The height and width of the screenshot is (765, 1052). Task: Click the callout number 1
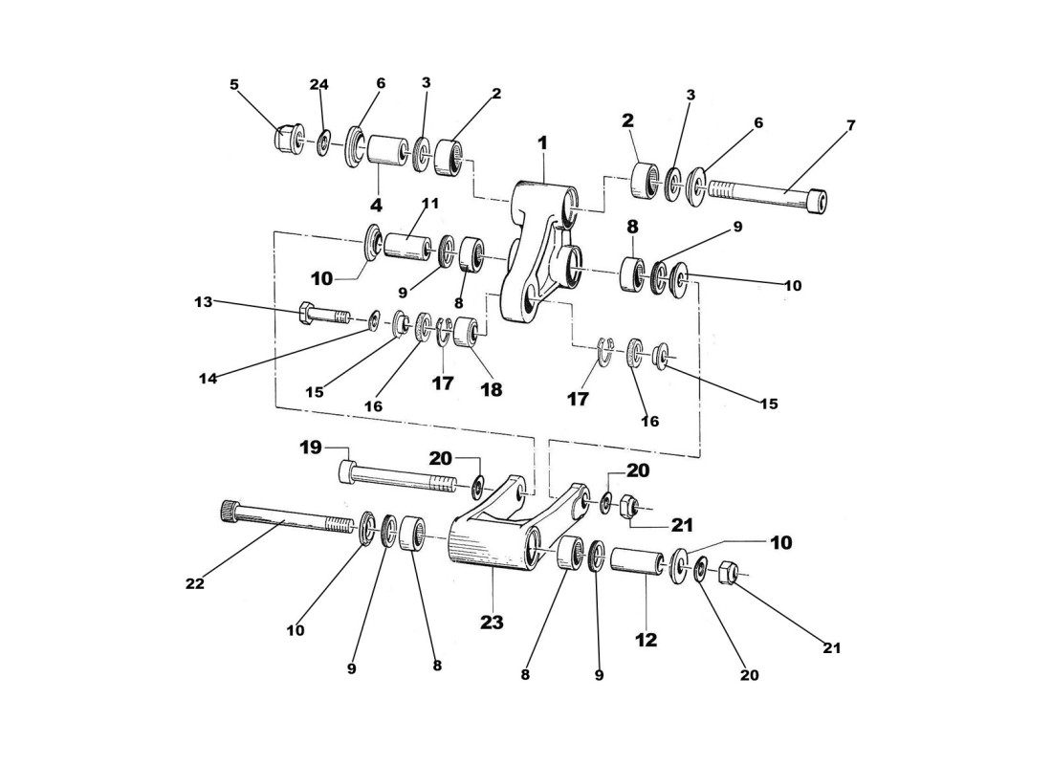[x=542, y=142]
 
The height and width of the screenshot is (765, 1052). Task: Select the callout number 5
[x=234, y=84]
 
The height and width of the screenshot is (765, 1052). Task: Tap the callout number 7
[x=851, y=125]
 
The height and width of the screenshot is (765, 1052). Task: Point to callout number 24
[x=319, y=84]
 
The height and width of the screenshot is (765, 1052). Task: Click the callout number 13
[x=203, y=302]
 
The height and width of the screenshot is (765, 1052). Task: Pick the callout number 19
[x=311, y=447]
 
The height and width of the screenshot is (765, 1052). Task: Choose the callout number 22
[x=194, y=582]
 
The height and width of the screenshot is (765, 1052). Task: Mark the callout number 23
[x=492, y=622]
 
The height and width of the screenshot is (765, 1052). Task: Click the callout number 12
[x=647, y=640]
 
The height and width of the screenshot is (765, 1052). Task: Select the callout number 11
[x=430, y=204]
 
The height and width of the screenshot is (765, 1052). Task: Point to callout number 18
[x=491, y=389]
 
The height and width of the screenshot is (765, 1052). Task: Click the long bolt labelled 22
[x=287, y=519]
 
